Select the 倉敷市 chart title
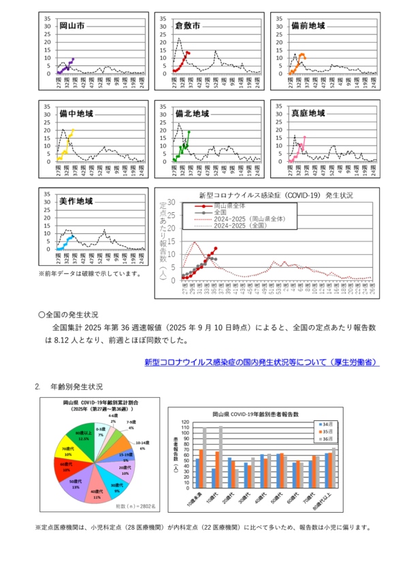188,26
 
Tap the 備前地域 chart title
308,26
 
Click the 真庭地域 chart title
308,113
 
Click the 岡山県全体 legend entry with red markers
230,205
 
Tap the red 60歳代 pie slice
67,467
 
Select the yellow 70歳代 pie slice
69,452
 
